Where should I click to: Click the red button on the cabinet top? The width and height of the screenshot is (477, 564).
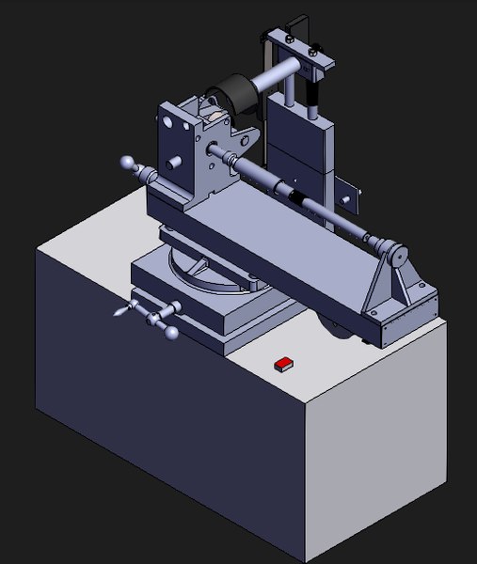(282, 364)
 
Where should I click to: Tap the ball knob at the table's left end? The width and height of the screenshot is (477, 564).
(128, 164)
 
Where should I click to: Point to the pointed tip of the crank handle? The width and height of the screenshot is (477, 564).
(117, 311)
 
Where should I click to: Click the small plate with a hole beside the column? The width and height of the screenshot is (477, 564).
(349, 196)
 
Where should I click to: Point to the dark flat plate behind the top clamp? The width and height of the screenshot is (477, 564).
(299, 28)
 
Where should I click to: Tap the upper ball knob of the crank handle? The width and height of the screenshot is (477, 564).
(174, 309)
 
